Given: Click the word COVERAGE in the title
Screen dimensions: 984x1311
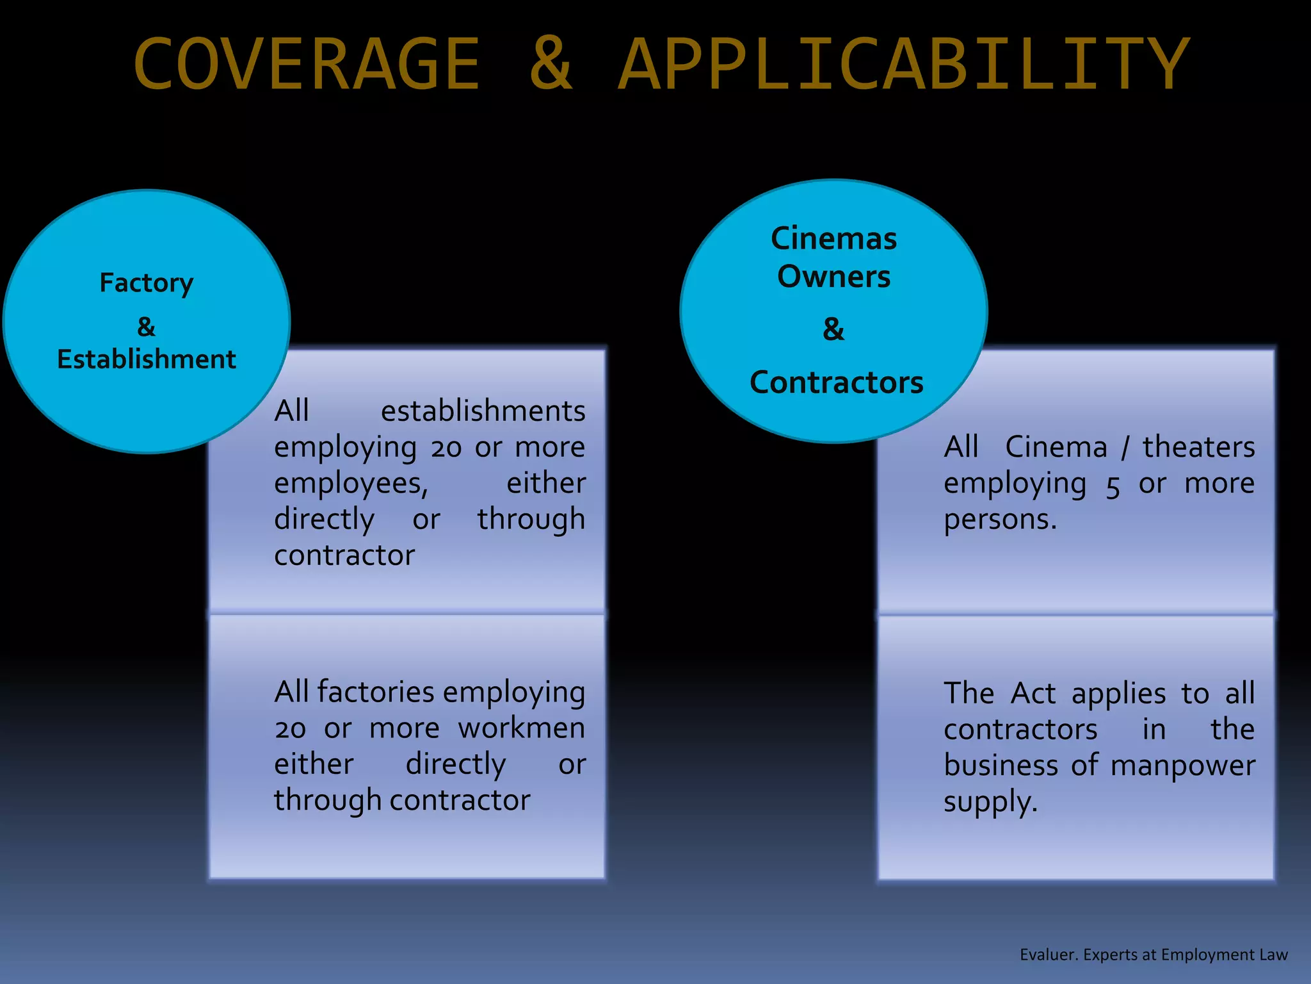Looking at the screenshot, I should (x=307, y=64).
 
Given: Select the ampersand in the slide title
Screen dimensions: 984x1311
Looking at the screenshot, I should (x=551, y=64).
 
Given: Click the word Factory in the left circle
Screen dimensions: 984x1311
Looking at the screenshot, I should (x=146, y=283).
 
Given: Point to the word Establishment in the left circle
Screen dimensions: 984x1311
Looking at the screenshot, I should (x=147, y=359).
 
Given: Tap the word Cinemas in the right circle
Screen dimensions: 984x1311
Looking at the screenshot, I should (x=833, y=239).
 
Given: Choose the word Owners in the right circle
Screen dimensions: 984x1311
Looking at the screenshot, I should (x=833, y=277).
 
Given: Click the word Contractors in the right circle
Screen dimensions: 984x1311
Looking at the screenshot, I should (x=836, y=382).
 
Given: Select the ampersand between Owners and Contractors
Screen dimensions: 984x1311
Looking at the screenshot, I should (x=833, y=329).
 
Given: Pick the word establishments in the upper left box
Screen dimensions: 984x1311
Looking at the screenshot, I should (x=483, y=411).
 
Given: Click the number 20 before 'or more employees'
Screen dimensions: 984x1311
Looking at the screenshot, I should (x=446, y=447).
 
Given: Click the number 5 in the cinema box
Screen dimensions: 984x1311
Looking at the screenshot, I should (x=1113, y=486).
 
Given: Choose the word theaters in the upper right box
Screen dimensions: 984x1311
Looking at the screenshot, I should (x=1198, y=447).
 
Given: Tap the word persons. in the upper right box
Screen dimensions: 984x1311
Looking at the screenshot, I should (x=1000, y=520).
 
